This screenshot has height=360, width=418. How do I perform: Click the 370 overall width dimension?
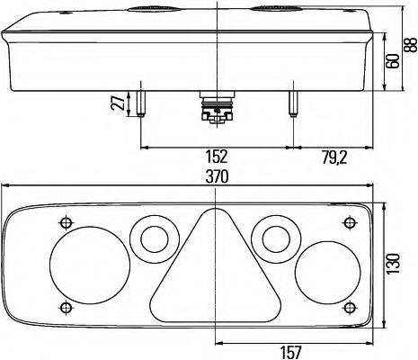click(x=217, y=176)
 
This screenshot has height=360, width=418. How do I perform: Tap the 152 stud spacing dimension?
click(x=217, y=157)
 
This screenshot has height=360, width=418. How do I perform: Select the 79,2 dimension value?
click(x=334, y=157)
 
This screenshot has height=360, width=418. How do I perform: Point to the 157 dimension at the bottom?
click(x=290, y=352)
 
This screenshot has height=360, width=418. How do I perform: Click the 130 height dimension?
click(x=393, y=264)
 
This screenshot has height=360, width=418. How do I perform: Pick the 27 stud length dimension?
click(x=118, y=103)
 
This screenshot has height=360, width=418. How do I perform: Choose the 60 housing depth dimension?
click(x=393, y=61)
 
